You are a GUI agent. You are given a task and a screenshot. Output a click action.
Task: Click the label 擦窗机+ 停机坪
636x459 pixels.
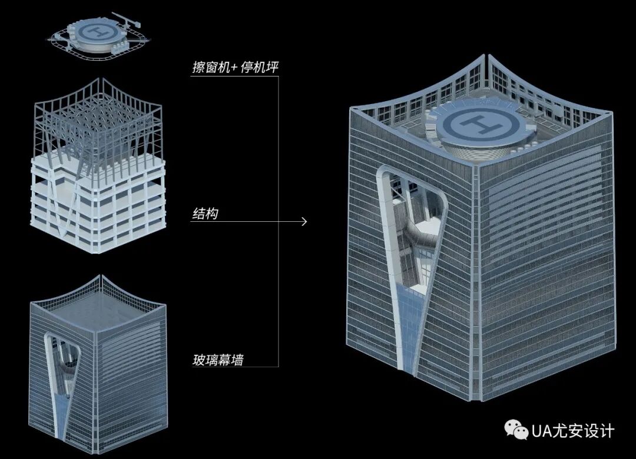point(235,67)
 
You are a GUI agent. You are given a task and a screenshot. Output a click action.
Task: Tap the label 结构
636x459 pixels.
point(204,214)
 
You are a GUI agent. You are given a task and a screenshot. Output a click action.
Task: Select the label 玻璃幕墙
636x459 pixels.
point(218,359)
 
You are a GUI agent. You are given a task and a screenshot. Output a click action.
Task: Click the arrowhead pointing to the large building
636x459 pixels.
point(304,222)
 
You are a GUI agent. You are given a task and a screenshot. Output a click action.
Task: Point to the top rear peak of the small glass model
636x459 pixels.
point(102,275)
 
